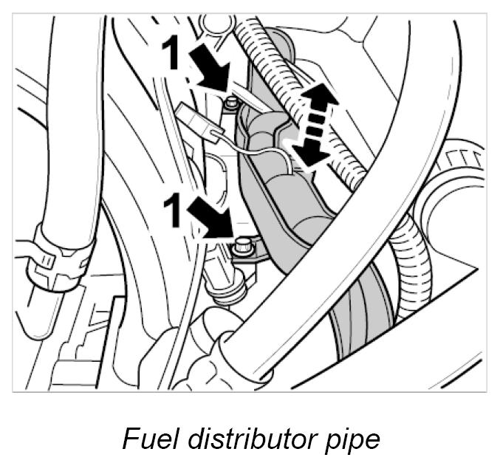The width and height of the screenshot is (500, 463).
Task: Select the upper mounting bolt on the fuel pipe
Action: (233, 102)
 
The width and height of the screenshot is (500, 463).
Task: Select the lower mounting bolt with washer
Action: (241, 250)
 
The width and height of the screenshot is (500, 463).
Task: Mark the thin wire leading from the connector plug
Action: (255, 151)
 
